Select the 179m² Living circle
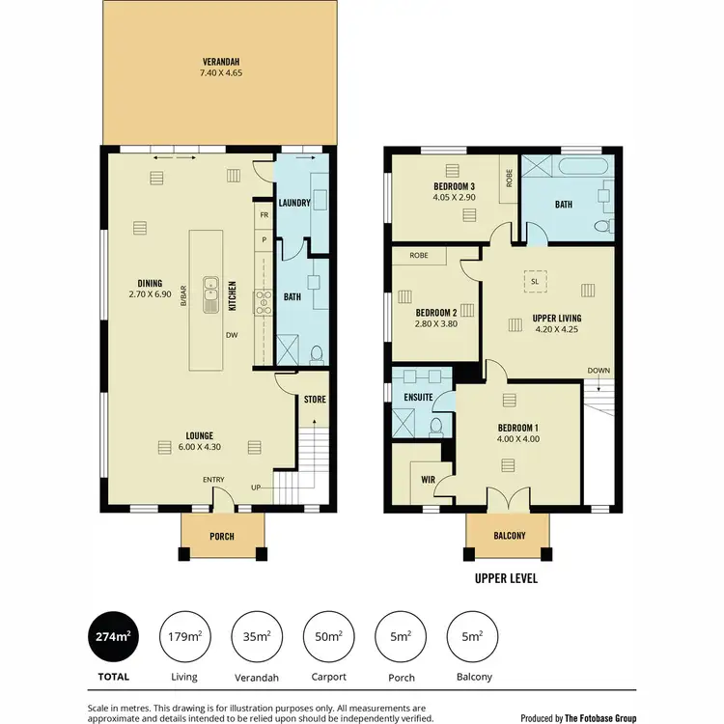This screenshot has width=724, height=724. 183,636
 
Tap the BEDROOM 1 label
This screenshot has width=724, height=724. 518,428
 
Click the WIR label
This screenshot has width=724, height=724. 428,478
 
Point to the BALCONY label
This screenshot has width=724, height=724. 508,537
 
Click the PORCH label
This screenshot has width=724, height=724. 222,537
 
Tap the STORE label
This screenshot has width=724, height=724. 315,399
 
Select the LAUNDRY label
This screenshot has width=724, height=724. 292,203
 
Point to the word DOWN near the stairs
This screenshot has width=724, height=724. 599,371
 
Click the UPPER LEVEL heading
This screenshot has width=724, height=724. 506,579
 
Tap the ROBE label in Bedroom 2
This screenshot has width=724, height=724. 419,256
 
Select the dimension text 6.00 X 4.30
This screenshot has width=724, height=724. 200,447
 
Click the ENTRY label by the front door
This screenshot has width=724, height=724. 213,480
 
